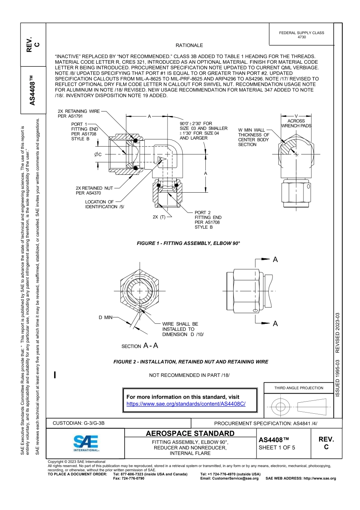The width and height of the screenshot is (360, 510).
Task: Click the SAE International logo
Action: pyautogui.click(x=86, y=443)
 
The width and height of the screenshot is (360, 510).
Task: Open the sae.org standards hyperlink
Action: pyautogui.click(x=186, y=404)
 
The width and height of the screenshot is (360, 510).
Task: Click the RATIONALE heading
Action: pyautogui.click(x=189, y=46)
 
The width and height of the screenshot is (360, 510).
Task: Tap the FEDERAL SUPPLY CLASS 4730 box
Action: pyautogui.click(x=301, y=35)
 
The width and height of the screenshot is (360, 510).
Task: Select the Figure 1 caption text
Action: pyautogui.click(x=188, y=243)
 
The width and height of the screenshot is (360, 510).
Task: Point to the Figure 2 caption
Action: pyautogui.click(x=191, y=362)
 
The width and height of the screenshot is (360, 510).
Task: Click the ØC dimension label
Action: pyautogui.click(x=98, y=154)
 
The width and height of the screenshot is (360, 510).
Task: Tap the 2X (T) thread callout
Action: pyautogui.click(x=159, y=217)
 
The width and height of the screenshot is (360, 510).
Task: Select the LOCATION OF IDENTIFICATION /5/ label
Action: pyautogui.click(x=104, y=204)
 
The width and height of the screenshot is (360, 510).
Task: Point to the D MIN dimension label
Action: pyautogui.click(x=105, y=317)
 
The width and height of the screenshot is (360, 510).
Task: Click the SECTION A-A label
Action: pyautogui.click(x=139, y=346)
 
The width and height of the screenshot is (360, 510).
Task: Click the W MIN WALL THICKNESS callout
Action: pyautogui.click(x=254, y=137)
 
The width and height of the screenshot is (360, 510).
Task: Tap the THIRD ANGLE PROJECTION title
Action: pyautogui.click(x=299, y=388)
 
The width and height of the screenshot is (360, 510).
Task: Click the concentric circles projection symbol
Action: pyautogui.click(x=280, y=407)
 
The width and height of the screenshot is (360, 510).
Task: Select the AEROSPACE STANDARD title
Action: pyautogui.click(x=190, y=433)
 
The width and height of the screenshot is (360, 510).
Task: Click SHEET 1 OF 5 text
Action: pyautogui.click(x=277, y=447)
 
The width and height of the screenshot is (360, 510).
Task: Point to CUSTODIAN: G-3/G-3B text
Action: pyautogui.click(x=78, y=423)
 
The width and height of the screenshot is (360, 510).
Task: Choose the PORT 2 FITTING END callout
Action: pyautogui.click(x=208, y=220)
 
